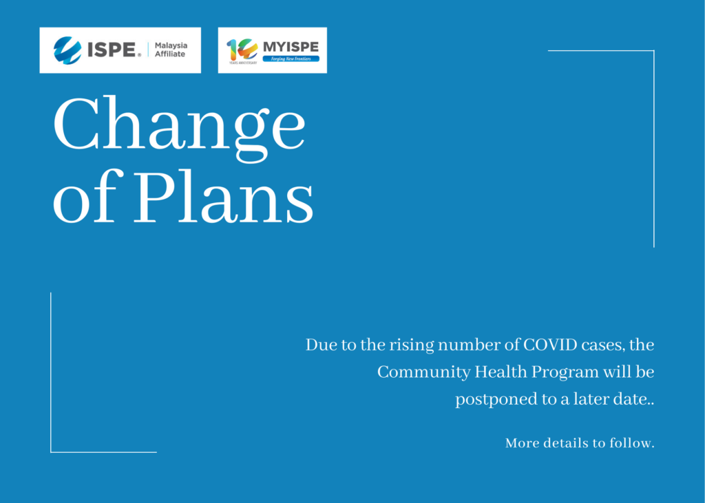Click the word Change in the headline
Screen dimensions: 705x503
(180, 129)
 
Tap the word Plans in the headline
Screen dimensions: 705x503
(223, 197)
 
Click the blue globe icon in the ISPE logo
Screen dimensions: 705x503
(67, 50)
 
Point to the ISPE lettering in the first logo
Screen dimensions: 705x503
(112, 50)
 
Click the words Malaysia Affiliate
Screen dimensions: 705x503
(171, 50)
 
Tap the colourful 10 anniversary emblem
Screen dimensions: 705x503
(242, 50)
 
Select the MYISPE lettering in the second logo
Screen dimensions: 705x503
(291, 47)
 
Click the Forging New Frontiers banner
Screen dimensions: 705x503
(291, 59)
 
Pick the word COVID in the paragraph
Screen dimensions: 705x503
(550, 345)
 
